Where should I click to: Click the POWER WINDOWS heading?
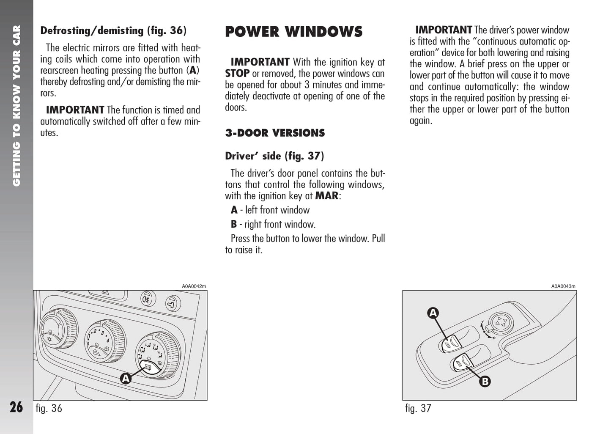(293, 32)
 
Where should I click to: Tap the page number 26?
(16, 407)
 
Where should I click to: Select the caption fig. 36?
(49, 408)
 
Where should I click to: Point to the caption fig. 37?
(418, 408)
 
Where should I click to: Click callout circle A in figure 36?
(126, 378)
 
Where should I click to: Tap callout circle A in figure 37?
(433, 313)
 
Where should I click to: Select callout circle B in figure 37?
(485, 381)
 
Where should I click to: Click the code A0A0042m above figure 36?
(194, 286)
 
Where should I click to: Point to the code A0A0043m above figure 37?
(563, 286)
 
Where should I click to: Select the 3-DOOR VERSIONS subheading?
(275, 133)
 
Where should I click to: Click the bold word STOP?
(237, 74)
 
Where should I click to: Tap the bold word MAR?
(327, 196)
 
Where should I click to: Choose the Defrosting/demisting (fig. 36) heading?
(113, 30)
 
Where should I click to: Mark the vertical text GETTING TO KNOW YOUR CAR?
(16, 106)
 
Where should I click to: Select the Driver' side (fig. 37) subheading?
(274, 156)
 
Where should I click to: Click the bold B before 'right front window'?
(234, 224)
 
